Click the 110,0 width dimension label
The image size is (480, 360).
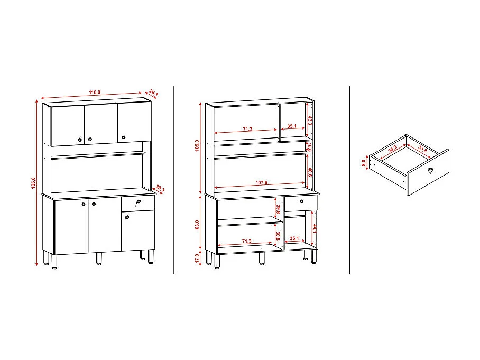point(95,93)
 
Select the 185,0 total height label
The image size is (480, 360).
point(33,182)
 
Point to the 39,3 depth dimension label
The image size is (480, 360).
point(160,189)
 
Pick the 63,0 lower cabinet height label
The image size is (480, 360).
point(197,225)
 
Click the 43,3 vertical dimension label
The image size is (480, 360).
point(310,121)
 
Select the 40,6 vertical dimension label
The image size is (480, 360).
point(310,173)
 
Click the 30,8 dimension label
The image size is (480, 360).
point(277,235)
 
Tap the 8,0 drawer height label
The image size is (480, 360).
point(364,163)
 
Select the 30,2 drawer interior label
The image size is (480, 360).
point(391,149)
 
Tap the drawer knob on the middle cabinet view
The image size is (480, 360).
point(301,202)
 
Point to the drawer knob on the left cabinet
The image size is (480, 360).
point(139,202)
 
